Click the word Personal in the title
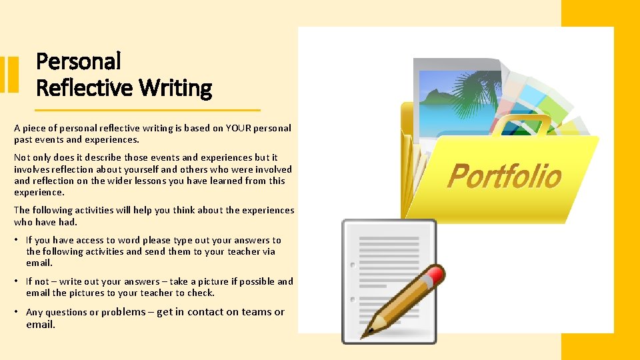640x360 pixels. (79, 61)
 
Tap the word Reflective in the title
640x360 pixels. (85, 87)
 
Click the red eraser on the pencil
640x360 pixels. (433, 275)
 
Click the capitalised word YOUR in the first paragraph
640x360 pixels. (239, 128)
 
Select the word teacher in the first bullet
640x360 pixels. (235, 251)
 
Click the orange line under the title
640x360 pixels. (147, 110)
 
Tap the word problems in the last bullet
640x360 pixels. (123, 311)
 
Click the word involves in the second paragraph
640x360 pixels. (31, 169)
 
